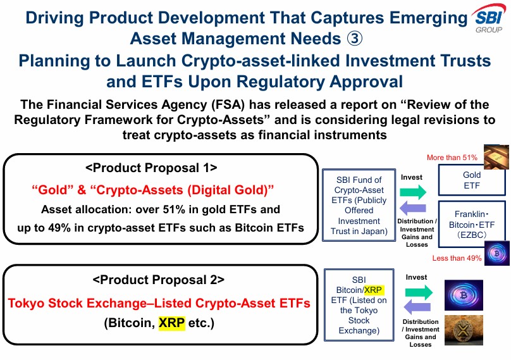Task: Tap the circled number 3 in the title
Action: [355, 39]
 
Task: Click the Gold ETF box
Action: [472, 180]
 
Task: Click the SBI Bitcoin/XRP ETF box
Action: [359, 305]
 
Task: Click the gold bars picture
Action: [495, 156]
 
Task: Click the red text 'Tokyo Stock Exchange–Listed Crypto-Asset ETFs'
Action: [159, 303]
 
